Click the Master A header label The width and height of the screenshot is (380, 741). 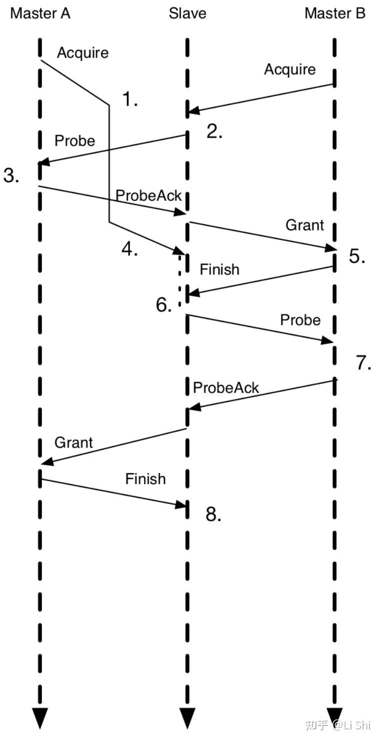point(40,14)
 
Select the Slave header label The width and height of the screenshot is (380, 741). point(187,14)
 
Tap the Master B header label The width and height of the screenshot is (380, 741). point(335,14)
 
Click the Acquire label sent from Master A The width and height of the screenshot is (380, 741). point(82,53)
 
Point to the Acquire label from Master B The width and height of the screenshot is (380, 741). point(290,69)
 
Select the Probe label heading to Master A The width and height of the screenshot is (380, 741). point(74,141)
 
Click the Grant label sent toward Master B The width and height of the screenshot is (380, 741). point(304,225)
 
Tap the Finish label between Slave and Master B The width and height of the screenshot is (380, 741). point(219,269)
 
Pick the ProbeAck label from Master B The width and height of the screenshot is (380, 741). point(226,388)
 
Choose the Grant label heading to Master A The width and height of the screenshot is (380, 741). point(73,442)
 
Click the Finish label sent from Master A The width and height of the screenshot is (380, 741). point(145,479)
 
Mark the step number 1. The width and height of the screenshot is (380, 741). point(130,100)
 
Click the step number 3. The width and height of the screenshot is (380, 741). point(11,176)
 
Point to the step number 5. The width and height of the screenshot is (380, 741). point(357,256)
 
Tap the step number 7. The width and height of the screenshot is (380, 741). point(363,363)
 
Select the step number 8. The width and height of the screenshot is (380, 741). point(213,514)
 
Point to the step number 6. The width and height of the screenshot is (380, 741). point(164,305)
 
